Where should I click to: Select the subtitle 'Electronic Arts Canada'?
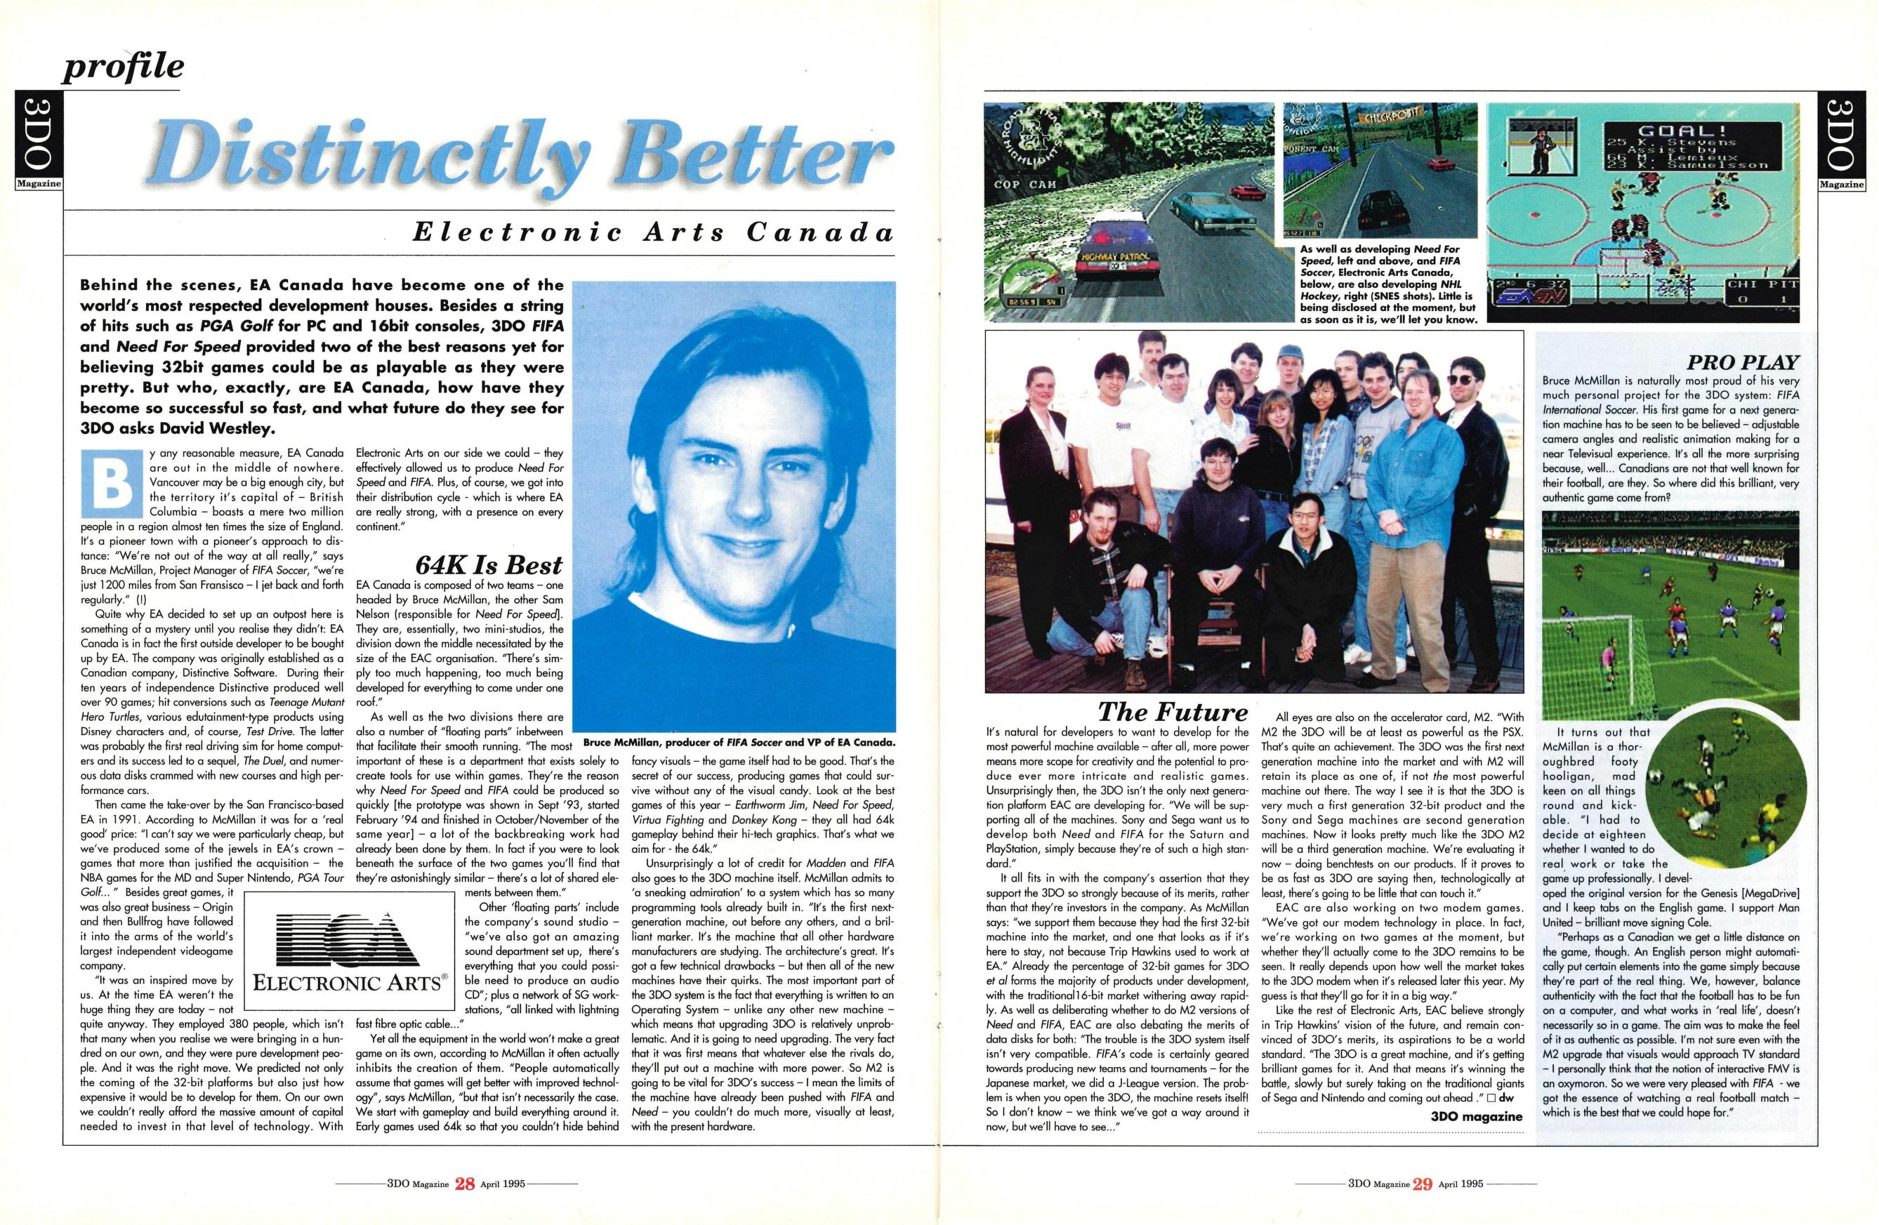coord(654,232)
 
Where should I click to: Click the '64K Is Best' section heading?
coord(488,565)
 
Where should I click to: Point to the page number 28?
coord(465,1184)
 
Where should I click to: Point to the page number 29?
coord(1422,1184)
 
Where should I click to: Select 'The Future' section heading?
coord(1173,712)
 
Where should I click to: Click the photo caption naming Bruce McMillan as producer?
coord(740,743)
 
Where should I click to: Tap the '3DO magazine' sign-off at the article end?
coord(1475,1116)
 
